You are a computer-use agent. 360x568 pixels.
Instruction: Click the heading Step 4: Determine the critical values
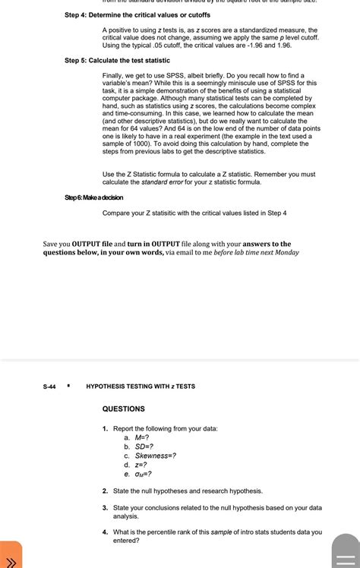click(x=136, y=16)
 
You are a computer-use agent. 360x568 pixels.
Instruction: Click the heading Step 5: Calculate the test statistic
click(x=117, y=60)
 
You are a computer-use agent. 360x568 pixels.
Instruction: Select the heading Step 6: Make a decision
click(x=93, y=197)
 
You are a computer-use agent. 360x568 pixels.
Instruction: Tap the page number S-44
click(x=49, y=387)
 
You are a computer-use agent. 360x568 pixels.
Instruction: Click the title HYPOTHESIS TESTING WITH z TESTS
click(x=141, y=387)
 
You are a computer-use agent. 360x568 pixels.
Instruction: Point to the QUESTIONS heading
click(x=123, y=409)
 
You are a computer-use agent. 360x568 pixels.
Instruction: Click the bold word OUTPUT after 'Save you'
click(x=93, y=244)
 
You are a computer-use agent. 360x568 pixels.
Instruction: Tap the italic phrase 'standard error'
click(x=165, y=182)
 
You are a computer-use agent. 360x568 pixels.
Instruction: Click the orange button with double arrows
click(x=11, y=555)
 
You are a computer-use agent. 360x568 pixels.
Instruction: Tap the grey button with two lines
click(x=346, y=555)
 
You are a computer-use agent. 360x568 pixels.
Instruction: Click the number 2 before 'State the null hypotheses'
click(x=105, y=491)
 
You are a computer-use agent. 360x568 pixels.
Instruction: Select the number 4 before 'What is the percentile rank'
click(x=105, y=532)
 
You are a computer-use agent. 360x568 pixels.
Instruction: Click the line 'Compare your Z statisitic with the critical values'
click(x=194, y=213)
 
